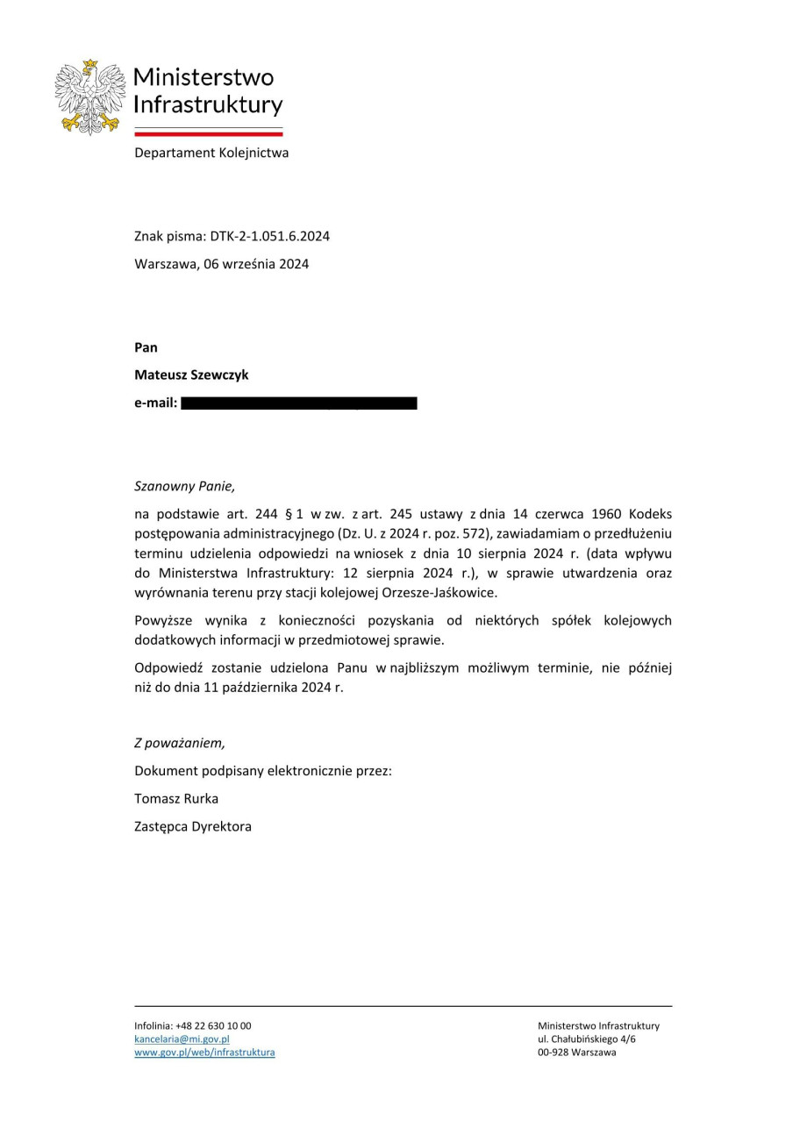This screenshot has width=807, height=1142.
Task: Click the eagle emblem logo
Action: coord(88,96)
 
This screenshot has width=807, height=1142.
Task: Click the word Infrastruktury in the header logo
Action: coord(208,105)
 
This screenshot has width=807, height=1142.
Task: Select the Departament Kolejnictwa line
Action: coord(211,153)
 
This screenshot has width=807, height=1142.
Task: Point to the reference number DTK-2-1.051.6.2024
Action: coord(269,236)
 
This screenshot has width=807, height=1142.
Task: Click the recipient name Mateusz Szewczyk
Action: coord(191,375)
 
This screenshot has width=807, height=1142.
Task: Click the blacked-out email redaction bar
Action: coord(298,403)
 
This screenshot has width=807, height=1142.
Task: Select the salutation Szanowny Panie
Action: coord(184,485)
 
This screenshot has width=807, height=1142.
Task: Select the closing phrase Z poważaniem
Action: coord(180,743)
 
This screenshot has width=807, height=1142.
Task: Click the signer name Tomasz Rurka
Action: coord(176,798)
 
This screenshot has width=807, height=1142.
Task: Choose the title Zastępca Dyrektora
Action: coord(193,826)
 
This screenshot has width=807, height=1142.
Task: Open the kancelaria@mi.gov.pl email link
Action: coord(182,1039)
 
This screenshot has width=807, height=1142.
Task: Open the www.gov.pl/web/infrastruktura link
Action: coord(204,1052)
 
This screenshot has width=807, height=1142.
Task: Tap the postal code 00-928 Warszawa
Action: coord(576,1052)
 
